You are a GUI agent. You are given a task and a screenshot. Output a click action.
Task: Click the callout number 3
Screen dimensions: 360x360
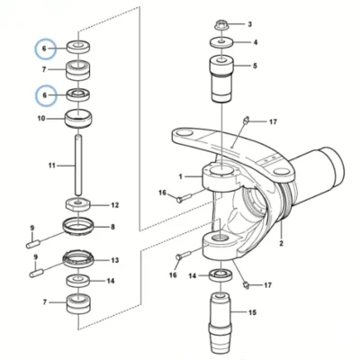249,24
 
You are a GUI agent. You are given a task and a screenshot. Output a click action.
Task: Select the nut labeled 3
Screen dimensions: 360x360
221,24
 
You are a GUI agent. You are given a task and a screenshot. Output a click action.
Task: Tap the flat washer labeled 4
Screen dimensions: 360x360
221,42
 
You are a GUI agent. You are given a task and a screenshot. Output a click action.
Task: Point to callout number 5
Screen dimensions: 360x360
255,66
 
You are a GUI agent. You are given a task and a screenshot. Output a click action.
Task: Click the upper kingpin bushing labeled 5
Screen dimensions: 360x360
221,78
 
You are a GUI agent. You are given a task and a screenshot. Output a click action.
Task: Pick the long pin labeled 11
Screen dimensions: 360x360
78,166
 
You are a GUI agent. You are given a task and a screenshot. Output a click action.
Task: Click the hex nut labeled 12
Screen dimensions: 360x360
78,205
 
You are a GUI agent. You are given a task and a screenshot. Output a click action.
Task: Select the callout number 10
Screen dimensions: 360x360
41,119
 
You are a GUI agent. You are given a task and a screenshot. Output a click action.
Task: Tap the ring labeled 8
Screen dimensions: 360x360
78,227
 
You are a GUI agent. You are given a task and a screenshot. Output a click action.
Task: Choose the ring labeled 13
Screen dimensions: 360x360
78,260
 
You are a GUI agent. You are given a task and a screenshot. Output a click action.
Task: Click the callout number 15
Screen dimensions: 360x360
253,312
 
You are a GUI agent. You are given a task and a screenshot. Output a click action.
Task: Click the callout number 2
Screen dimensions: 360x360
282,243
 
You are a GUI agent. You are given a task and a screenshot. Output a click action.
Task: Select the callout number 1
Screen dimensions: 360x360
181,176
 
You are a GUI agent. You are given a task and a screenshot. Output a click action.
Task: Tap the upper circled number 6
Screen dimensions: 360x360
44,49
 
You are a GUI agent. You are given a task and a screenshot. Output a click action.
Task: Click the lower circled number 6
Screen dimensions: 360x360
45,95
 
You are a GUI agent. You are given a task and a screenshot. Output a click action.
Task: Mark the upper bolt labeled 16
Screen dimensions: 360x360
184,198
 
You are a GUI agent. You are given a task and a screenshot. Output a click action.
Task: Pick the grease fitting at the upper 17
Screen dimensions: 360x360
247,120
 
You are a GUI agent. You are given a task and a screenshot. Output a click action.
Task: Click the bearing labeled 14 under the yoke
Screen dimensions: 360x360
220,275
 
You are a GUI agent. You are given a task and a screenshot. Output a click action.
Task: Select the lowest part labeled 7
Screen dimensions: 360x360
78,304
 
